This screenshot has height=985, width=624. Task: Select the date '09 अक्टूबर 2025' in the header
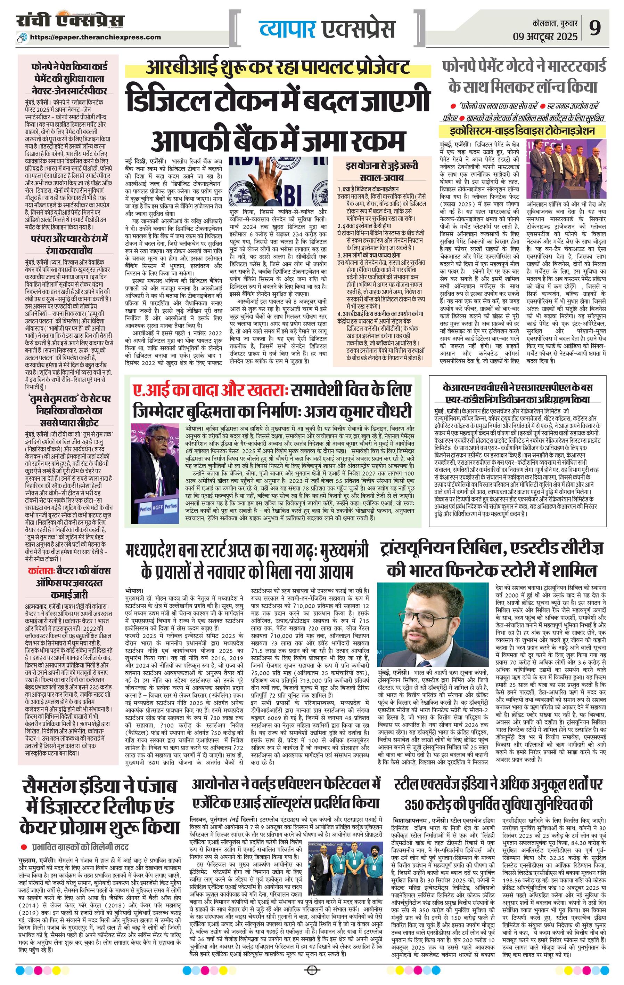[545, 37]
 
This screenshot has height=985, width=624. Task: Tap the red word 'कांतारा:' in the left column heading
[42, 571]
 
